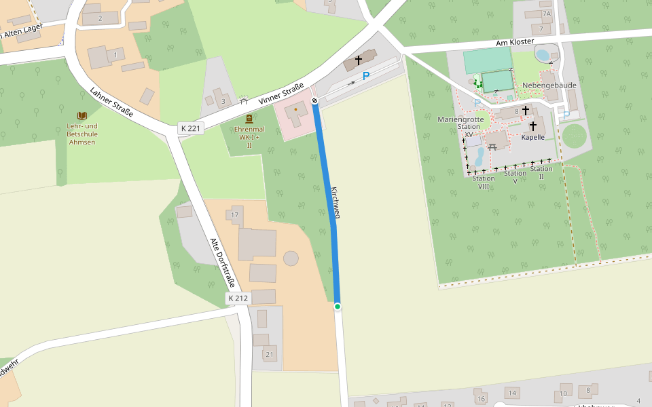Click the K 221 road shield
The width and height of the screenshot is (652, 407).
pyautogui.click(x=191, y=128)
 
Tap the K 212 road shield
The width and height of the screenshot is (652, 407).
pyautogui.click(x=238, y=298)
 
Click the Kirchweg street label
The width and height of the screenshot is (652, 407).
pyautogui.click(x=335, y=202)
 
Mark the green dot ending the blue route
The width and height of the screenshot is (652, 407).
pyautogui.click(x=338, y=307)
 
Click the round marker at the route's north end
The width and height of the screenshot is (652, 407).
pyautogui.click(x=315, y=101)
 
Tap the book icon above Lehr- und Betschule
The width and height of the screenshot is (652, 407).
pyautogui.click(x=82, y=116)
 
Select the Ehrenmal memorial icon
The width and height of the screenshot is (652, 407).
pyautogui.click(x=249, y=119)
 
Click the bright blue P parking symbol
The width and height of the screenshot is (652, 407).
pyautogui.click(x=366, y=76)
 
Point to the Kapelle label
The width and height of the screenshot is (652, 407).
pyautogui.click(x=533, y=137)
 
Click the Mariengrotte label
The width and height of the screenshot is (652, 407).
pyautogui.click(x=460, y=119)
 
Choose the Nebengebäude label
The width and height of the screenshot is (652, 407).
pyautogui.click(x=549, y=85)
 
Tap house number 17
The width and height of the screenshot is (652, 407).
pyautogui.click(x=235, y=216)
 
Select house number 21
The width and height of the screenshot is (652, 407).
pyautogui.click(x=270, y=355)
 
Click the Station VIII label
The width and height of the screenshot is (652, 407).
pyautogui.click(x=484, y=182)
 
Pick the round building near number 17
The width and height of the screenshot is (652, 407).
pyautogui.click(x=291, y=258)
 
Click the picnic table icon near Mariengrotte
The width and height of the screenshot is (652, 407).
pyautogui.click(x=492, y=147)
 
